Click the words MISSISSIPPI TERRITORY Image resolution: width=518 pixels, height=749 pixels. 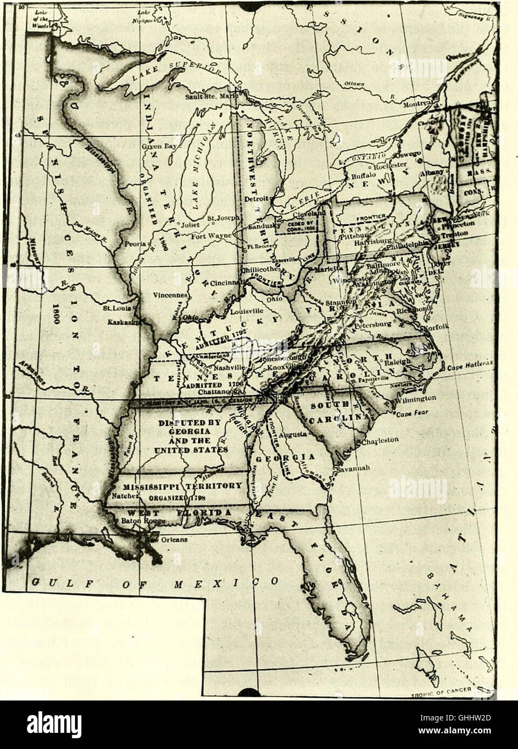coord(179,486)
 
